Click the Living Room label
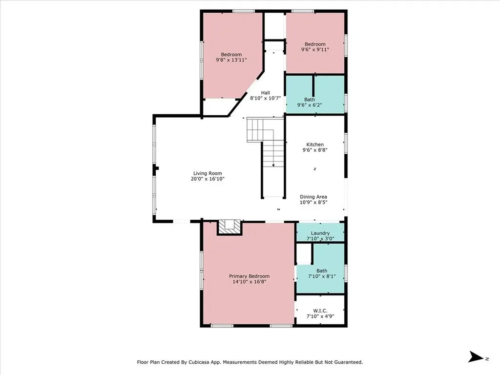pos(208,173)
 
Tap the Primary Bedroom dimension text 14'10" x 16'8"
pos(249,282)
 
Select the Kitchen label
pos(315,145)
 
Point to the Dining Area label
pos(313,197)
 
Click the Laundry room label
pos(320,233)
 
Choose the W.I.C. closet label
pos(320,311)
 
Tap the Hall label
pos(265,93)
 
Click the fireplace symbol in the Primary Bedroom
pos(229,226)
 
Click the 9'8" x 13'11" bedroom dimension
pos(231,60)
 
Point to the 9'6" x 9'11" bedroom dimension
pos(315,49)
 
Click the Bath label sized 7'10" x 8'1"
pos(321,271)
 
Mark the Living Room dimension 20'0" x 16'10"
pos(208,179)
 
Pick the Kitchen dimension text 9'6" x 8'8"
pos(315,150)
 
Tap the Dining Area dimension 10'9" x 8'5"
pos(313,202)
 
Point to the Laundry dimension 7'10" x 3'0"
pos(320,238)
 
